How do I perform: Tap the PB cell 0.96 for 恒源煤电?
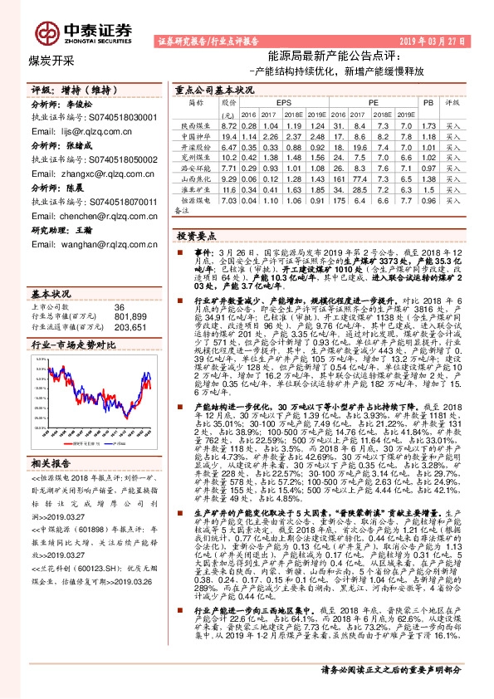point(428,201)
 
